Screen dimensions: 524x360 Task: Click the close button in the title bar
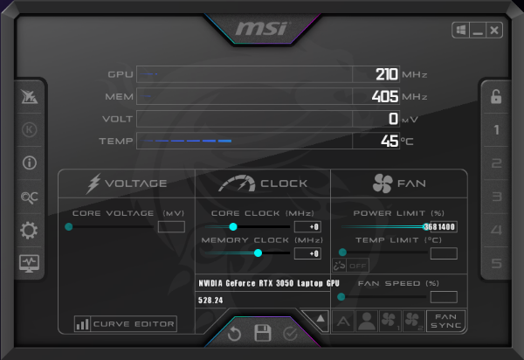tap(495, 31)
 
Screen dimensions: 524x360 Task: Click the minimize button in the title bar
tap(478, 31)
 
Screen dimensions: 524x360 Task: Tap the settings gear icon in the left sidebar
tap(29, 231)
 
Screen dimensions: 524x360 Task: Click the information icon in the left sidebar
tap(29, 163)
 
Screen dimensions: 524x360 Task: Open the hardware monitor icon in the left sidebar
tap(29, 262)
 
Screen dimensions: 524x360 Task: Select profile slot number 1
tap(496, 130)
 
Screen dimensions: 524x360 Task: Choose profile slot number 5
tap(496, 263)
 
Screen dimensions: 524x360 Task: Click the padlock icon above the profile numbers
tap(496, 97)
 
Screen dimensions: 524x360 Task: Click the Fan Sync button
tap(445, 321)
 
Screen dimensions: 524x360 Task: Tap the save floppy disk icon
tap(262, 333)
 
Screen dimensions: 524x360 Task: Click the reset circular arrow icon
tap(234, 333)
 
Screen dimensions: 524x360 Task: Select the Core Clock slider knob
tap(233, 226)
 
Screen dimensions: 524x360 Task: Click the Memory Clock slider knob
tap(258, 253)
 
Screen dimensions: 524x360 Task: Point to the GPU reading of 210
tap(386, 73)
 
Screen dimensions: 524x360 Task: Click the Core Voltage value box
tap(171, 226)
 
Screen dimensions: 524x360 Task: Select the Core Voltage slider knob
tap(68, 226)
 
